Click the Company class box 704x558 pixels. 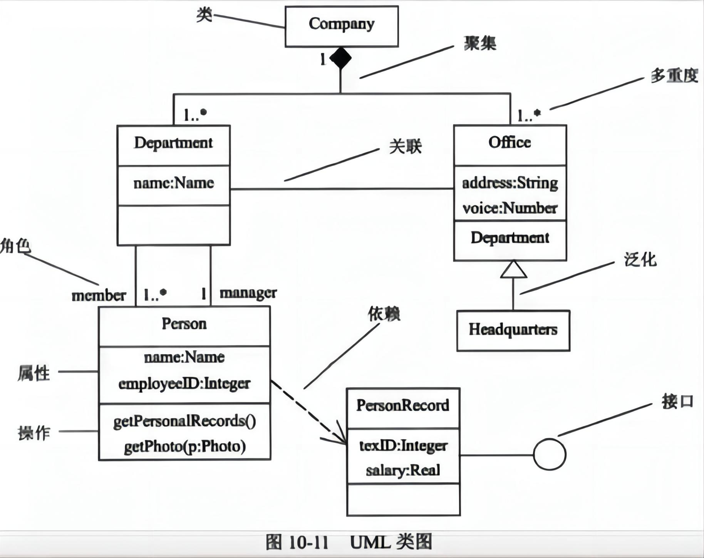coord(341,26)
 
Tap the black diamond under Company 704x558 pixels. coord(340,58)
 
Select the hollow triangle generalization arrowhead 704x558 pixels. coord(513,269)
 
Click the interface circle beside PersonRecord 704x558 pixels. coord(550,454)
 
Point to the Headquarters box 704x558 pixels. coord(513,330)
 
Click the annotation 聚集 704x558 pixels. coord(480,43)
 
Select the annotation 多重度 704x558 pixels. coord(674,75)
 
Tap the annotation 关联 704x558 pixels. coord(405,146)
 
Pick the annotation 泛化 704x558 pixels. coord(640,260)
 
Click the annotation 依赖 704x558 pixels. coord(384,314)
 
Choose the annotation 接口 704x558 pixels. coord(677,402)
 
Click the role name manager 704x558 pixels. coord(248,293)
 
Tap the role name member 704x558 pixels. coord(99,296)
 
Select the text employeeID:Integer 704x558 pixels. coord(184,383)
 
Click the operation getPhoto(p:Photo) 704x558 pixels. coord(184,446)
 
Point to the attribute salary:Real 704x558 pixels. coord(403,470)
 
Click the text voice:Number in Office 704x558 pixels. coord(510,208)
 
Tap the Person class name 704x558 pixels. coord(184,324)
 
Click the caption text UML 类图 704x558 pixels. coord(391,542)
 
